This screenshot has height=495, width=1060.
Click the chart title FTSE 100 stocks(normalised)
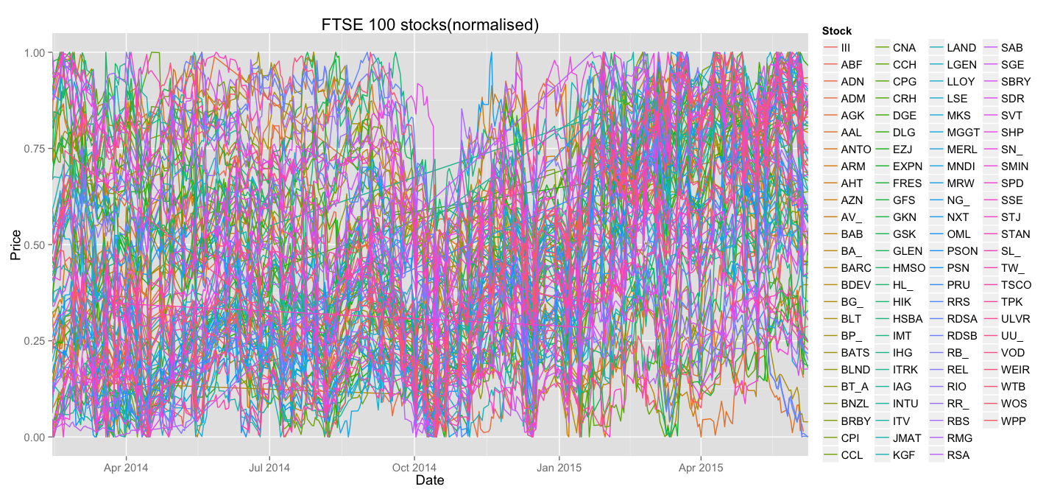(x=431, y=24)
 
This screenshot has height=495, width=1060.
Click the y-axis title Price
(x=15, y=245)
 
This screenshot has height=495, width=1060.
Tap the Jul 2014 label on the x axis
(x=269, y=467)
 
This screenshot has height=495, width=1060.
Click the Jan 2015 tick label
(x=558, y=467)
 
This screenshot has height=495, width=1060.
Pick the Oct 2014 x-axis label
(x=414, y=467)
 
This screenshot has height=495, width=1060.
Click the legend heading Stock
(x=836, y=31)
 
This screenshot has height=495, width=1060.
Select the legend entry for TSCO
(x=1016, y=285)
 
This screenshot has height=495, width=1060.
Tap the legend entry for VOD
(x=1013, y=353)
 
